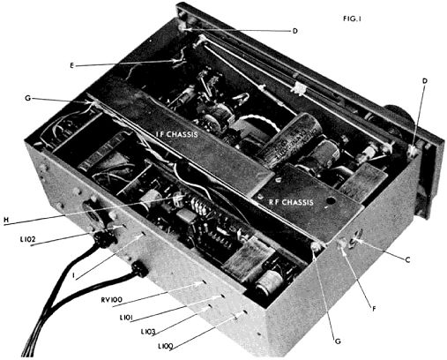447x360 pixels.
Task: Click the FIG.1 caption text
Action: click(x=352, y=19)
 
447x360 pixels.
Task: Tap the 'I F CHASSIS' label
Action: click(x=176, y=135)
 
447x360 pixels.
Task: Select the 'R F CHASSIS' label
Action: click(x=291, y=202)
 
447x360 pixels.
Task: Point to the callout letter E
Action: click(x=71, y=65)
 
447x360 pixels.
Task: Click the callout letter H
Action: click(x=6, y=220)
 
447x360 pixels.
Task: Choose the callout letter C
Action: click(x=407, y=259)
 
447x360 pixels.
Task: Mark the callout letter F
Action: click(x=374, y=309)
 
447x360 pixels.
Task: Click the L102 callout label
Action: click(x=28, y=239)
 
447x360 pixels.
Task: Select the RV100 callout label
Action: click(x=111, y=300)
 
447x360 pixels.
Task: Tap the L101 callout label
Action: click(x=127, y=318)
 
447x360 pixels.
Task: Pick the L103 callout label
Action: click(x=148, y=332)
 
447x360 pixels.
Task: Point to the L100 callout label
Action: click(x=166, y=346)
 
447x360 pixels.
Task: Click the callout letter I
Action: click(x=74, y=275)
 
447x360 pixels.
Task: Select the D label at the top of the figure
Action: click(x=295, y=31)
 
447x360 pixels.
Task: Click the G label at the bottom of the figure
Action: click(x=338, y=341)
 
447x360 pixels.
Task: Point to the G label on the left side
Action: click(x=28, y=98)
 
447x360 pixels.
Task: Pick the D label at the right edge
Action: click(x=425, y=81)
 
